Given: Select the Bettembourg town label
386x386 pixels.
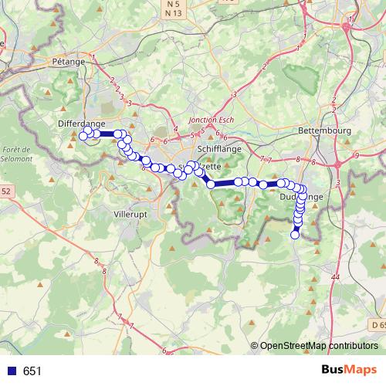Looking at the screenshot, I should pyautogui.click(x=323, y=130).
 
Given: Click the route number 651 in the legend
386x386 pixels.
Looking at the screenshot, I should pyautogui.click(x=32, y=371).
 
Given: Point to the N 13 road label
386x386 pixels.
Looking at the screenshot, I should pyautogui.click(x=172, y=15).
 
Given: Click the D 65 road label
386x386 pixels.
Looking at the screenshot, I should pyautogui.click(x=376, y=325).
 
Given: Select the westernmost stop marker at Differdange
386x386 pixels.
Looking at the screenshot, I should pyautogui.click(x=83, y=137).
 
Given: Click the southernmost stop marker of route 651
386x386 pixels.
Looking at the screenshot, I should pyautogui.click(x=294, y=235).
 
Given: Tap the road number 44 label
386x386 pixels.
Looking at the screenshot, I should pyautogui.click(x=334, y=276).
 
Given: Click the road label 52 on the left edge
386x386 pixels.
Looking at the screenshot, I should pyautogui.click(x=6, y=190).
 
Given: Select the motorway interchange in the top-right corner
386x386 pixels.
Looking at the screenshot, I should pyautogui.click(x=347, y=25).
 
